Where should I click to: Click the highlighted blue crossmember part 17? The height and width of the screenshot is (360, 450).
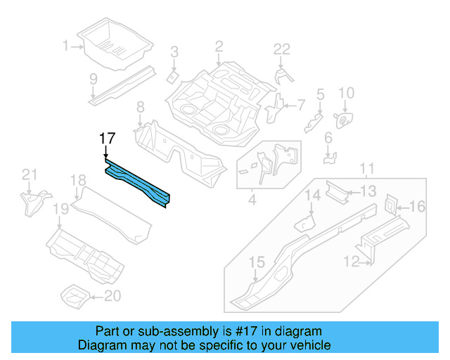coord(138,182)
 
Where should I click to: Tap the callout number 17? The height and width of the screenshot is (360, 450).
coord(106,139)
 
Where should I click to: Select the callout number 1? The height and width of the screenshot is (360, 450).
coord(65,46)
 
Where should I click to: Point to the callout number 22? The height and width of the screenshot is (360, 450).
coord(282,49)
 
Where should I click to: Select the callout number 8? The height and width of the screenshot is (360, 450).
coord(140,108)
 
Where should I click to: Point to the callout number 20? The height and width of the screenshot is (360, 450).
coord(112,296)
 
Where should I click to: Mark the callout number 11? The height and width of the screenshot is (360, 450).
coord(366,169)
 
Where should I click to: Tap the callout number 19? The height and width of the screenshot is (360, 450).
coord(60,208)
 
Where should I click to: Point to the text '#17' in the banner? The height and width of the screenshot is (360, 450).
coord(242,331)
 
